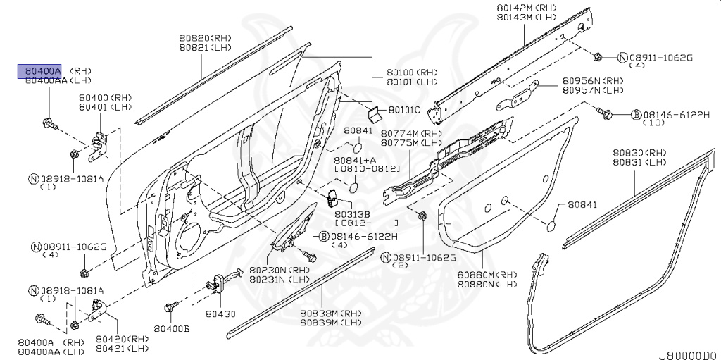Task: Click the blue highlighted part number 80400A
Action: coord(39,71)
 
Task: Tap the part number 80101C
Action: coord(404,111)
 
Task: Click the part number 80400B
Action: coord(173,329)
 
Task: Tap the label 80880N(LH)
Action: coord(487,284)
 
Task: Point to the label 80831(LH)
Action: coord(637,161)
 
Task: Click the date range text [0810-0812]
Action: coord(367,170)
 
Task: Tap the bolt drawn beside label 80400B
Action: coord(170,308)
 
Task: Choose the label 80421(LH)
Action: coord(122,348)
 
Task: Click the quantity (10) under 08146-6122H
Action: coord(655,123)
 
